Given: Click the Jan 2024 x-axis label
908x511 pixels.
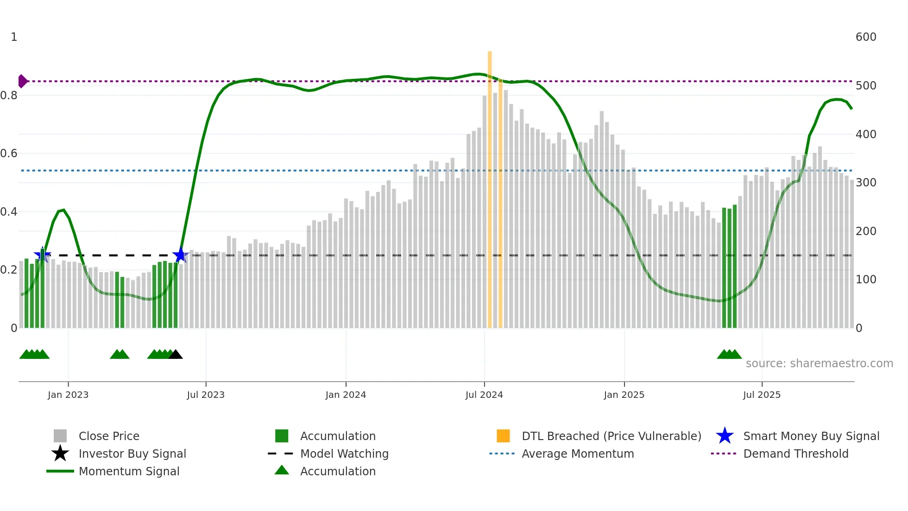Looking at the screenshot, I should (346, 395).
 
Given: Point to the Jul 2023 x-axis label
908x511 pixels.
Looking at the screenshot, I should (206, 395).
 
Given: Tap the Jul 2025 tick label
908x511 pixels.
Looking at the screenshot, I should (762, 395).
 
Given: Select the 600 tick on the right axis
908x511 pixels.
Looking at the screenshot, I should (865, 37).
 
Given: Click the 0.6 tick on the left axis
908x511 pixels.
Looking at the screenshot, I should (9, 153).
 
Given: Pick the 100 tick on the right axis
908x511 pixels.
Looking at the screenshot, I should (865, 280).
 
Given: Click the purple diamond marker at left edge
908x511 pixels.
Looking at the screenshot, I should (22, 81).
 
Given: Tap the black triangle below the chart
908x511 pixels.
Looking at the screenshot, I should (176, 355).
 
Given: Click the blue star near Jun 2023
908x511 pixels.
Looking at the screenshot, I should (180, 255).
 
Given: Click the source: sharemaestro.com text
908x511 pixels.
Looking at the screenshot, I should (819, 364).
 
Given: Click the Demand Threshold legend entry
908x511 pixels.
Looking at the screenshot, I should (795, 454).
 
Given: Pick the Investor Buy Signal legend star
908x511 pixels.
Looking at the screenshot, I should (60, 454).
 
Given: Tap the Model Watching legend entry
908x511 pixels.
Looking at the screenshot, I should (344, 454).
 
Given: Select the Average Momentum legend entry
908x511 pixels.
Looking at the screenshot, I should (577, 454).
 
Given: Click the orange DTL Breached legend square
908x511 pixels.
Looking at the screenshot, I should (503, 436).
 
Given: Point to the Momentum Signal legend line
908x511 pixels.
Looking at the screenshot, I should (60, 471).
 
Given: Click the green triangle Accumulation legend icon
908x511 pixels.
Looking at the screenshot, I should (282, 470).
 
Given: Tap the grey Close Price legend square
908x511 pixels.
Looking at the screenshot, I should (60, 436).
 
